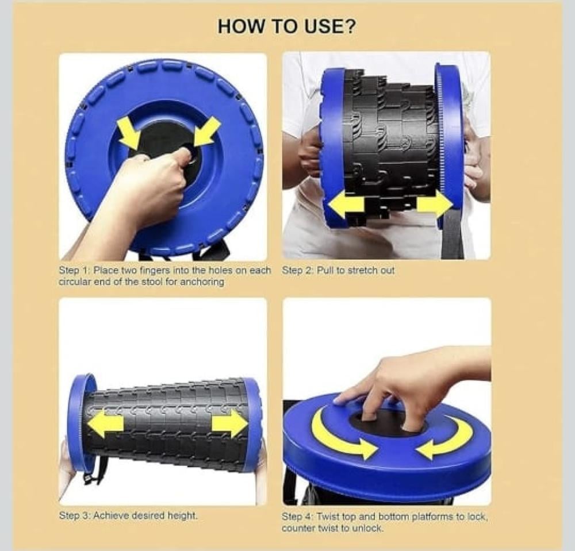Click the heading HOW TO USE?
coord(286,26)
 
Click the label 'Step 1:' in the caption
coord(74,271)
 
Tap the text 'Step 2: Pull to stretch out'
coord(338,271)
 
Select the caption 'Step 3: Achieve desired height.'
coord(128,515)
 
